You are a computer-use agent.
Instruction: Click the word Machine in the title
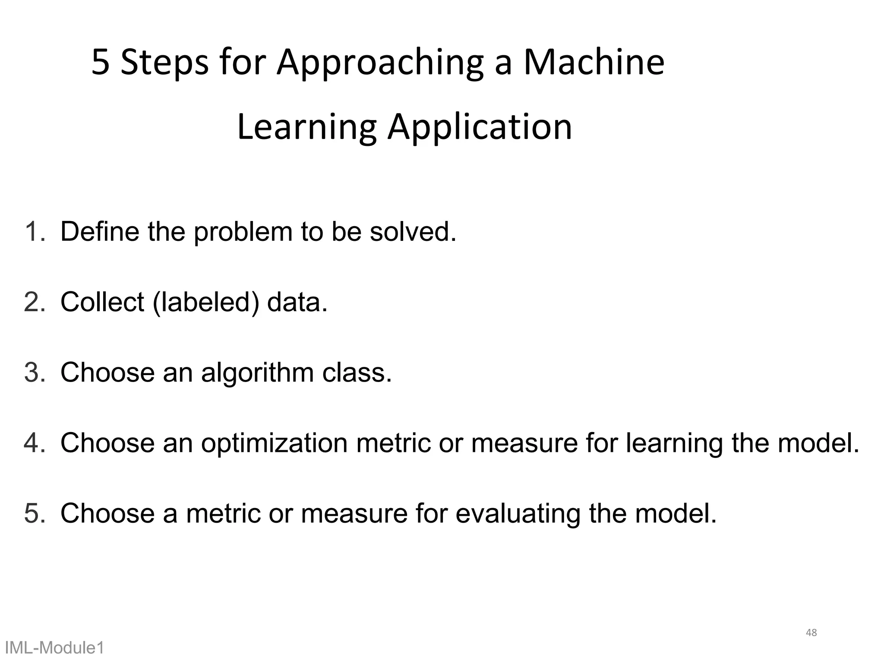click(594, 63)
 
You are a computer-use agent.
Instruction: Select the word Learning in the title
click(307, 128)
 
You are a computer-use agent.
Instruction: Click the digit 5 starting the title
click(101, 63)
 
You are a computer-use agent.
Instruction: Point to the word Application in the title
click(480, 128)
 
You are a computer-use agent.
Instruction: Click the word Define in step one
click(100, 231)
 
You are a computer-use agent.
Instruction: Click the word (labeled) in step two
click(206, 302)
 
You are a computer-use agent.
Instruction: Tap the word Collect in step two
click(102, 302)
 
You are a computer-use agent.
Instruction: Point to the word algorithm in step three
click(257, 373)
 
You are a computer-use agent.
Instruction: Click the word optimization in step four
click(274, 443)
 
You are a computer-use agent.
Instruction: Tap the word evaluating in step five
click(518, 514)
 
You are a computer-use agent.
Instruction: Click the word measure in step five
click(354, 514)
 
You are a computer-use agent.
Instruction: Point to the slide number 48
click(811, 633)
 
